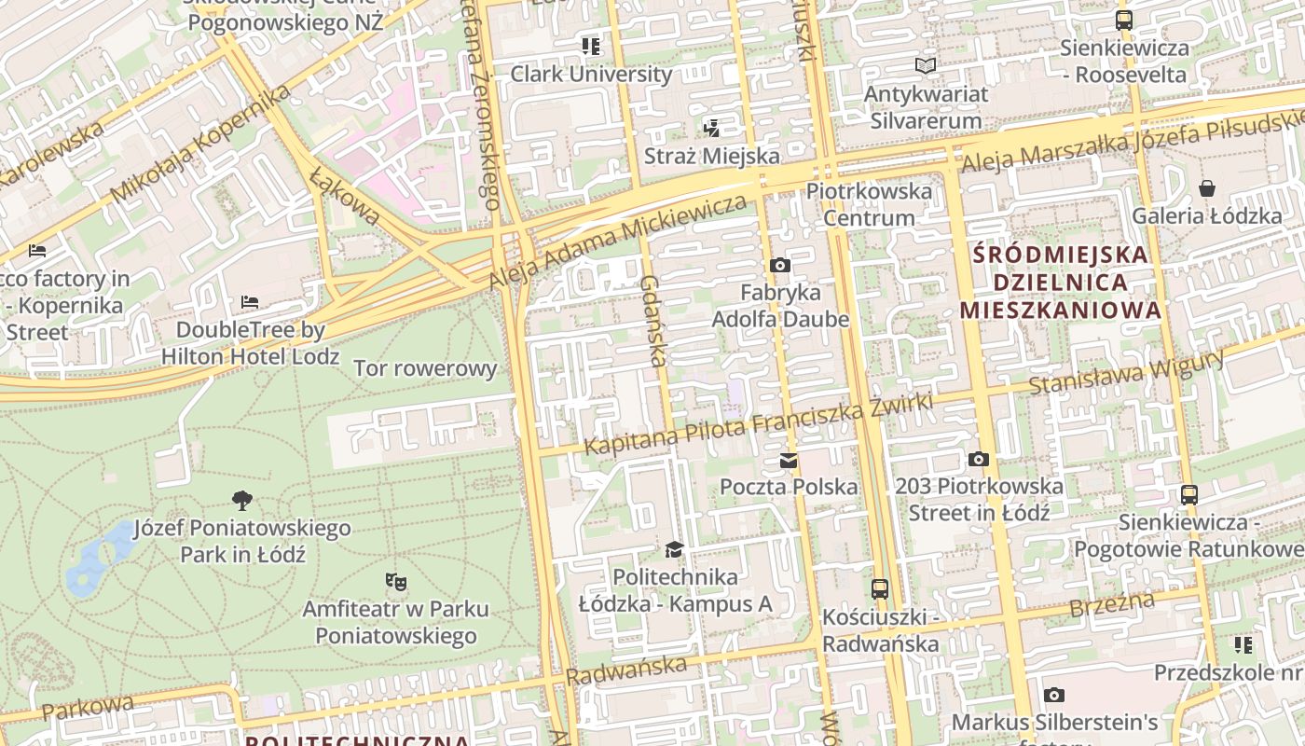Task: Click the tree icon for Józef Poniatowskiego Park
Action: (x=242, y=501)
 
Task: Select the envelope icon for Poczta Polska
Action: (x=789, y=460)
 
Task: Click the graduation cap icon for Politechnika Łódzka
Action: (x=674, y=549)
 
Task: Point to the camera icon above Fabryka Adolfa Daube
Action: (x=780, y=266)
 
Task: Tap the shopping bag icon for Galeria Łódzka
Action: (x=1207, y=189)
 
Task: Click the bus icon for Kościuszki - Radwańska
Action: (x=879, y=589)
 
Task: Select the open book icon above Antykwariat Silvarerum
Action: (x=925, y=66)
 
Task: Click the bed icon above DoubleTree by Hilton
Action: (x=250, y=302)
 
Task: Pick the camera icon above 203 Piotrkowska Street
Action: (x=978, y=459)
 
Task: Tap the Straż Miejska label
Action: (x=711, y=156)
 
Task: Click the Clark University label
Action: (x=591, y=74)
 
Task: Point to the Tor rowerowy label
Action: (x=425, y=368)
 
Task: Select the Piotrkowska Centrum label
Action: (x=869, y=204)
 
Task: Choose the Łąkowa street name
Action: (x=345, y=197)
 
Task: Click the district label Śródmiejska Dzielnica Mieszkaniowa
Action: (x=1061, y=282)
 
